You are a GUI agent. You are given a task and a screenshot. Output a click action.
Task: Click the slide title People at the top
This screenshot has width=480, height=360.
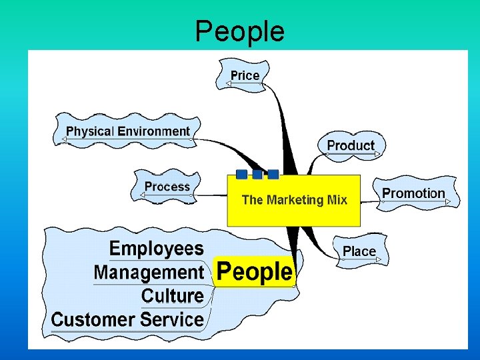click(239, 31)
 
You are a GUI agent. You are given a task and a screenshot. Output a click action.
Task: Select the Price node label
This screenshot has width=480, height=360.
click(245, 75)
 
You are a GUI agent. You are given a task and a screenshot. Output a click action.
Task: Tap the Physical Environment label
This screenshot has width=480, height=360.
click(128, 131)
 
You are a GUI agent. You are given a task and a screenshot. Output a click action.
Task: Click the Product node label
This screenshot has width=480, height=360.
click(351, 145)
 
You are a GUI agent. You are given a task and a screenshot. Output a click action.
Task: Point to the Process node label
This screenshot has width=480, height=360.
click(167, 187)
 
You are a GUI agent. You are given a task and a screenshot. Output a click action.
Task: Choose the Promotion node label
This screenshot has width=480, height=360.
click(413, 193)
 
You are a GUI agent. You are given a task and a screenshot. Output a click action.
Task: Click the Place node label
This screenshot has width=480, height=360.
click(359, 251)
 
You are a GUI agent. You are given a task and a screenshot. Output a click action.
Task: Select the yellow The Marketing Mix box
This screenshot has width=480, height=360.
click(294, 200)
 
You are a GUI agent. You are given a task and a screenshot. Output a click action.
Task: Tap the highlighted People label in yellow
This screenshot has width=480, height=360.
click(255, 272)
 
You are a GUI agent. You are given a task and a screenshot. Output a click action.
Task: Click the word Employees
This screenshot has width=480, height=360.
click(157, 249)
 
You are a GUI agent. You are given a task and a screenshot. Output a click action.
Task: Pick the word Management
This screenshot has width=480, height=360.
click(149, 272)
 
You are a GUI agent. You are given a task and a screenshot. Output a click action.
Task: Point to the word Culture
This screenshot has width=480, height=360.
click(173, 295)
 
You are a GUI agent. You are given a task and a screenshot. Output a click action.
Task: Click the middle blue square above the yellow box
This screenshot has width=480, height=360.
click(257, 174)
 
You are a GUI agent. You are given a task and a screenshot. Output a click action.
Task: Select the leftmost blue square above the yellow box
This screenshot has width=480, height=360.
click(241, 174)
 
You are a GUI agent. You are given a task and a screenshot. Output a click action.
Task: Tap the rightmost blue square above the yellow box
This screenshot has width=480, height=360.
click(273, 174)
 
